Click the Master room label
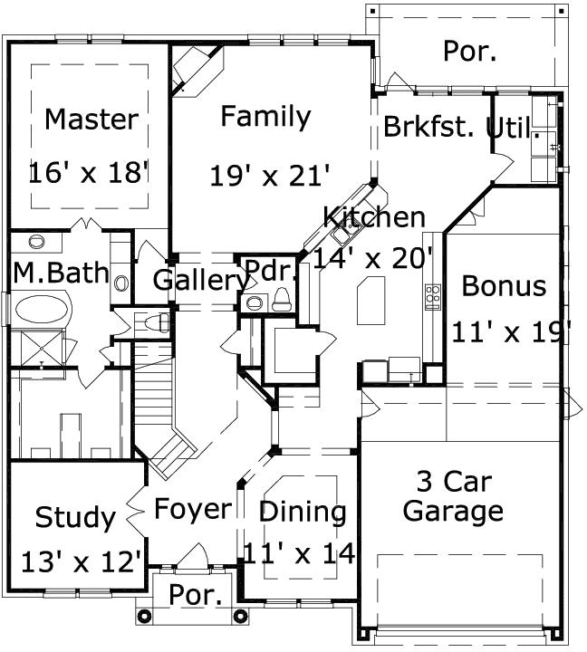91,119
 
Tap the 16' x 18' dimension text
88,172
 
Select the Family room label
265,117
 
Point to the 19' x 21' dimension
269,174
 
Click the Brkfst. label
428,127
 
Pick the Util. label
514,128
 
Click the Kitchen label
374,217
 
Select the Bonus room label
505,286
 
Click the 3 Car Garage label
453,495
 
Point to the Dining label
303,512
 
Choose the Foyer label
192,509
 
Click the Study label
75,518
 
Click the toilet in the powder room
282,300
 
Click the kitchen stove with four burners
432,293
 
